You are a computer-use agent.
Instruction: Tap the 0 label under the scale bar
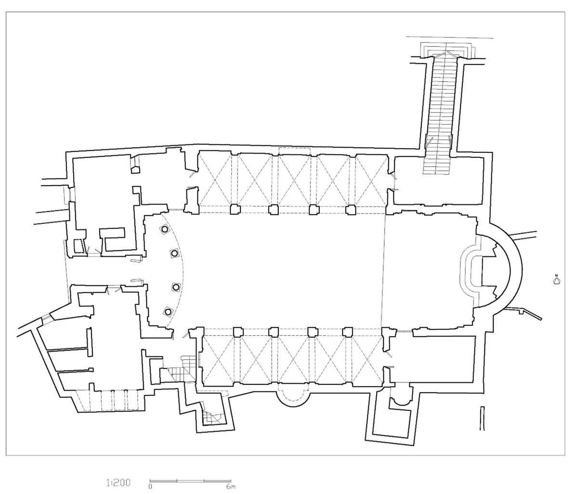click(x=151, y=486)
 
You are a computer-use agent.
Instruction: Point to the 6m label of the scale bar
click(x=230, y=486)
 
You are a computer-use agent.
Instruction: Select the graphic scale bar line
click(x=191, y=481)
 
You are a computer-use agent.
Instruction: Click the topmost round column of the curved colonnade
click(x=165, y=230)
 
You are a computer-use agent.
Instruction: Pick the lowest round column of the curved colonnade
click(x=168, y=311)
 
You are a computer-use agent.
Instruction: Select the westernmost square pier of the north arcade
click(x=235, y=209)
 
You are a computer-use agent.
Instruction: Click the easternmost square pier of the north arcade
click(x=351, y=209)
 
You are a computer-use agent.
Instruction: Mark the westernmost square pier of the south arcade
click(x=237, y=331)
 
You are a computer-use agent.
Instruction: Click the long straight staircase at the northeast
click(x=439, y=113)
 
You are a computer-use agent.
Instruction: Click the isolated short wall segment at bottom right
click(x=482, y=417)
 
